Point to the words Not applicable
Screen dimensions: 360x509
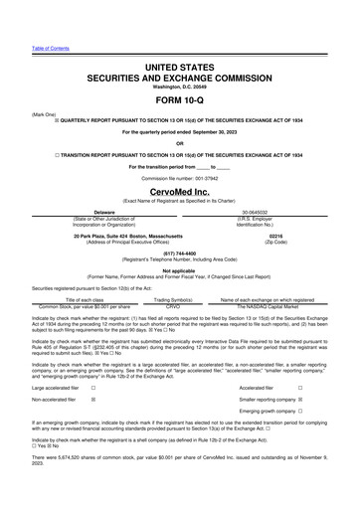[179, 269]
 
